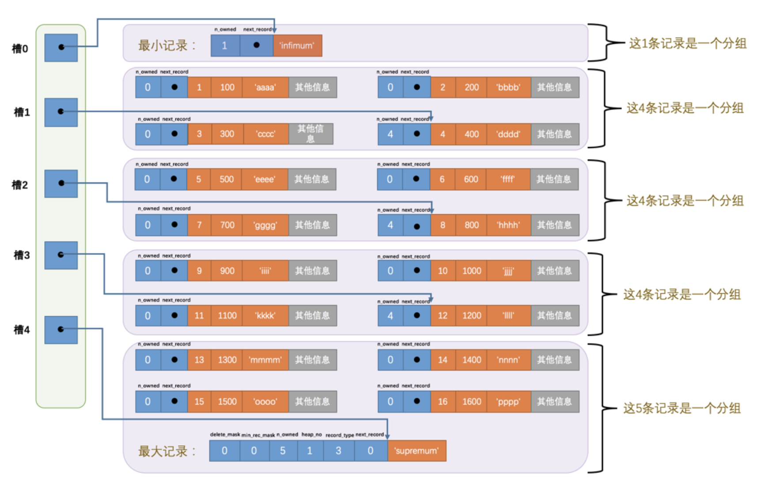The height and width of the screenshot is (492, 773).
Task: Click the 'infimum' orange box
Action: point(297,45)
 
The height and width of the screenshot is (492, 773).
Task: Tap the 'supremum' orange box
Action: point(417,451)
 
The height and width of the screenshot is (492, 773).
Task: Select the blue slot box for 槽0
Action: point(61,48)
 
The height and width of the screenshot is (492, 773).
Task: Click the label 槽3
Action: point(22,255)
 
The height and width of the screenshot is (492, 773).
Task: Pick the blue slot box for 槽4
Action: point(61,329)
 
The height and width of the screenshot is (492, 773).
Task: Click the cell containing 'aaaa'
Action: point(265,87)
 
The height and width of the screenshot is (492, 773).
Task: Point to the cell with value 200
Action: point(471,87)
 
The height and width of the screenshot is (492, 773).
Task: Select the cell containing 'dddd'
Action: point(508,134)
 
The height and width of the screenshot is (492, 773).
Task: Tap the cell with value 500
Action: point(227,179)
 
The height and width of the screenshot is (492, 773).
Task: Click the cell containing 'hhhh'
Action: point(508,225)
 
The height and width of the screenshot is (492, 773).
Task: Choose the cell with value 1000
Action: point(471,271)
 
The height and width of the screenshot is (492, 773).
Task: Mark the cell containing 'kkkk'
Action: point(265,316)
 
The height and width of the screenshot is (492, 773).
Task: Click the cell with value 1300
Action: point(227,360)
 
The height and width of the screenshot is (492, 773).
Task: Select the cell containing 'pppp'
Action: point(508,401)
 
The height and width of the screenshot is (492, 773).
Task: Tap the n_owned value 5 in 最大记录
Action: point(283,451)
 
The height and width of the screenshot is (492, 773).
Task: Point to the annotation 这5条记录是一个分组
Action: point(682,408)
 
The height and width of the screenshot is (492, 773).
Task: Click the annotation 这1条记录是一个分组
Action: point(687,43)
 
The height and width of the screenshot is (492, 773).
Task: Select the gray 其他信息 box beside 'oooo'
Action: point(312,401)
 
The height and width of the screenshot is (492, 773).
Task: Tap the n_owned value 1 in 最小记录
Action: point(225,45)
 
